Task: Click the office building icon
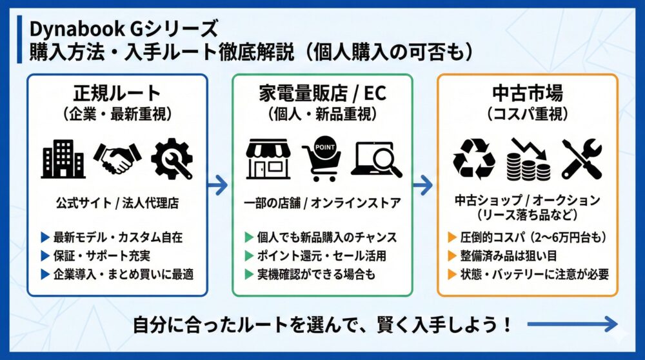[x=63, y=159]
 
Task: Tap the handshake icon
[x=117, y=157]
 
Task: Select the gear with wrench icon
[x=172, y=159]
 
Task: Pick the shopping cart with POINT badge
[x=321, y=159]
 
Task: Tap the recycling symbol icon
[x=474, y=159]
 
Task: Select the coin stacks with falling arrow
[x=528, y=159]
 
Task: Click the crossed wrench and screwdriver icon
[x=581, y=159]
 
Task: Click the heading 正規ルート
[x=117, y=92]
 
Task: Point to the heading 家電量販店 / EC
[x=322, y=92]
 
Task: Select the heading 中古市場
[x=527, y=92]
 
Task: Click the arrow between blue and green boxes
[x=219, y=186]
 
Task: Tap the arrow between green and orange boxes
[x=424, y=186]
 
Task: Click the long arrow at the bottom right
[x=571, y=324]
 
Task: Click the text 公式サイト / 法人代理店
[x=117, y=203]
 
